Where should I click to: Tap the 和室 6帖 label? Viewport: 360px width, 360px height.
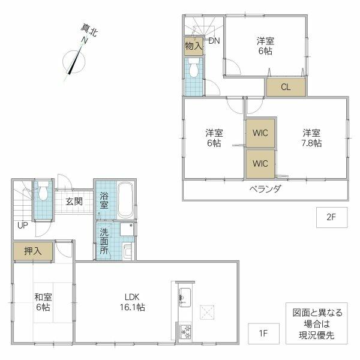(43, 302)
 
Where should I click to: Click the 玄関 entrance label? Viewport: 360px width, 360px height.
(74, 202)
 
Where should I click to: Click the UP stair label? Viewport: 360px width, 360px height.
(22, 226)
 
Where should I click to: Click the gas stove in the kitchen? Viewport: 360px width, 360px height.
(184, 332)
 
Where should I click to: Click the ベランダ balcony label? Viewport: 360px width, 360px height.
(265, 189)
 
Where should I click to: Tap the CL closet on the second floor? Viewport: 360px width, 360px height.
(286, 87)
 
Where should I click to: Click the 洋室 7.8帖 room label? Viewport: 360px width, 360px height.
(311, 137)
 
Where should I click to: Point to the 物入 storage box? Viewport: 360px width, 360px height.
(193, 46)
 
